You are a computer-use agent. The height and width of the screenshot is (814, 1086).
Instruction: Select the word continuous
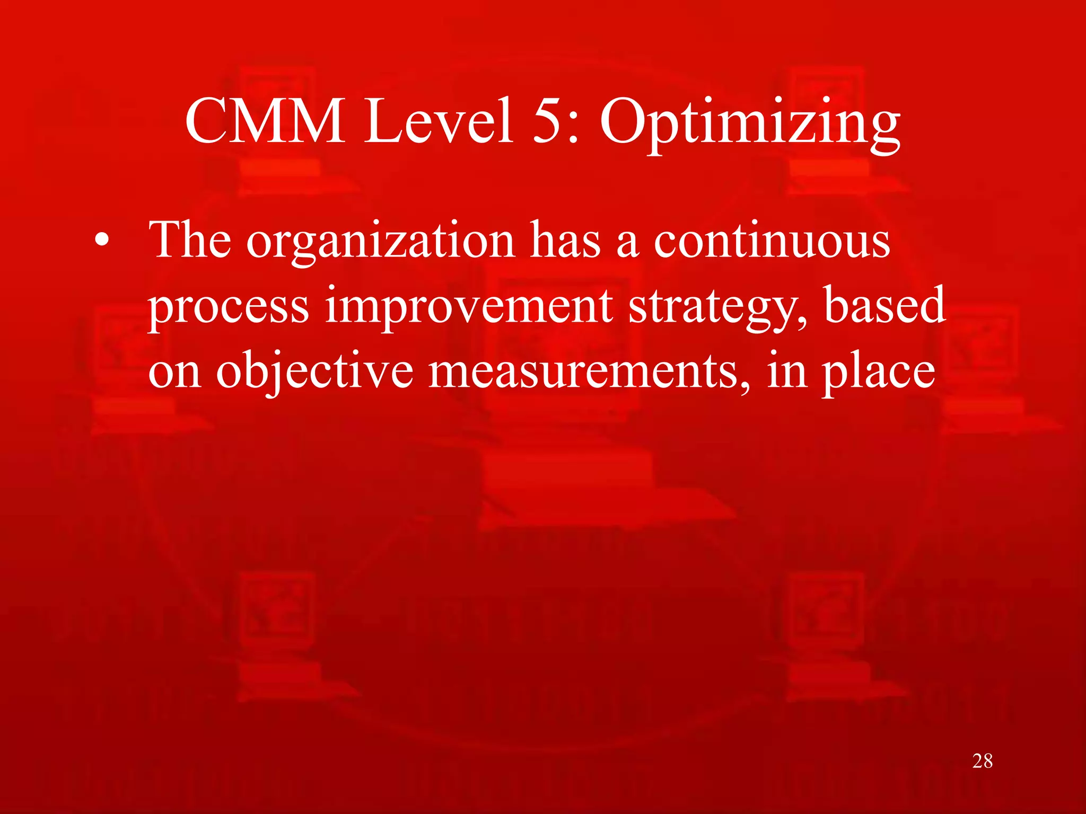(772, 241)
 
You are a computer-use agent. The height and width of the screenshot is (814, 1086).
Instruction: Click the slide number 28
(982, 761)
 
